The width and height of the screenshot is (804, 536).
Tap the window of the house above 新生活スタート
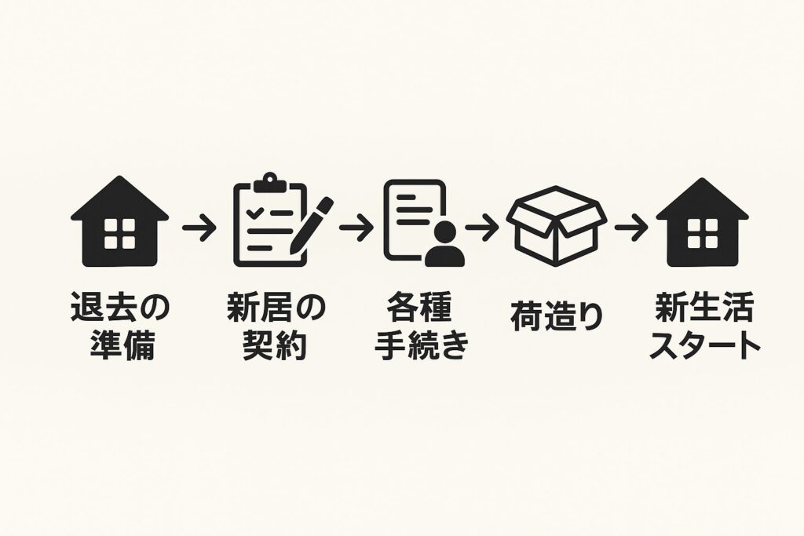(x=702, y=234)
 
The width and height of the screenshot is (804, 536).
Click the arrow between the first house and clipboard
(x=199, y=230)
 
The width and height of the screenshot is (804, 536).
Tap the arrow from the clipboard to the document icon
(x=357, y=230)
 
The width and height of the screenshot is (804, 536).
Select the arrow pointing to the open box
(x=482, y=230)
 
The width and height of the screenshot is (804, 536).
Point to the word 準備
(x=119, y=345)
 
